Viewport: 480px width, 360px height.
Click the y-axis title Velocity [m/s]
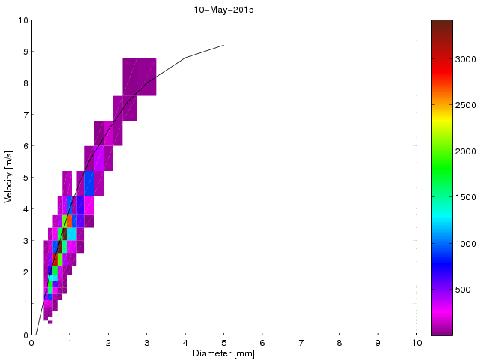coord(10,178)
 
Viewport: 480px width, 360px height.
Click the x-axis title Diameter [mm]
coord(223,353)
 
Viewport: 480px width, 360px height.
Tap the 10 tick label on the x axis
coord(416,343)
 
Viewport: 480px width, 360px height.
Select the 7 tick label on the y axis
coord(24,115)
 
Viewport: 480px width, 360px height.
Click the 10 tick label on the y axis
coord(22,20)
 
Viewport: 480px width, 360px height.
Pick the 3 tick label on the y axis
coord(24,241)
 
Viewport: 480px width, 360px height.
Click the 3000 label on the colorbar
coord(466,58)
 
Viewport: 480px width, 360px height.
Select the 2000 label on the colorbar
coord(466,151)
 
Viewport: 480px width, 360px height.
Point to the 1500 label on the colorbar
coord(466,197)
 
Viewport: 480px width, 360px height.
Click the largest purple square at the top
coord(139,76)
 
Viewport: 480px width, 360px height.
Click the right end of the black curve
coord(223,45)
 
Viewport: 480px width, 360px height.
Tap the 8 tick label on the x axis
coord(340,343)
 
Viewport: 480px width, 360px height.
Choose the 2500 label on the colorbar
coord(466,105)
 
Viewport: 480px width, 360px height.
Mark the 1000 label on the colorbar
coord(466,243)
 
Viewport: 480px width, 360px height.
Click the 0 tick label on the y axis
coord(24,335)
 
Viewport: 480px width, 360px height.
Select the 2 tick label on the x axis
coord(108,343)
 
